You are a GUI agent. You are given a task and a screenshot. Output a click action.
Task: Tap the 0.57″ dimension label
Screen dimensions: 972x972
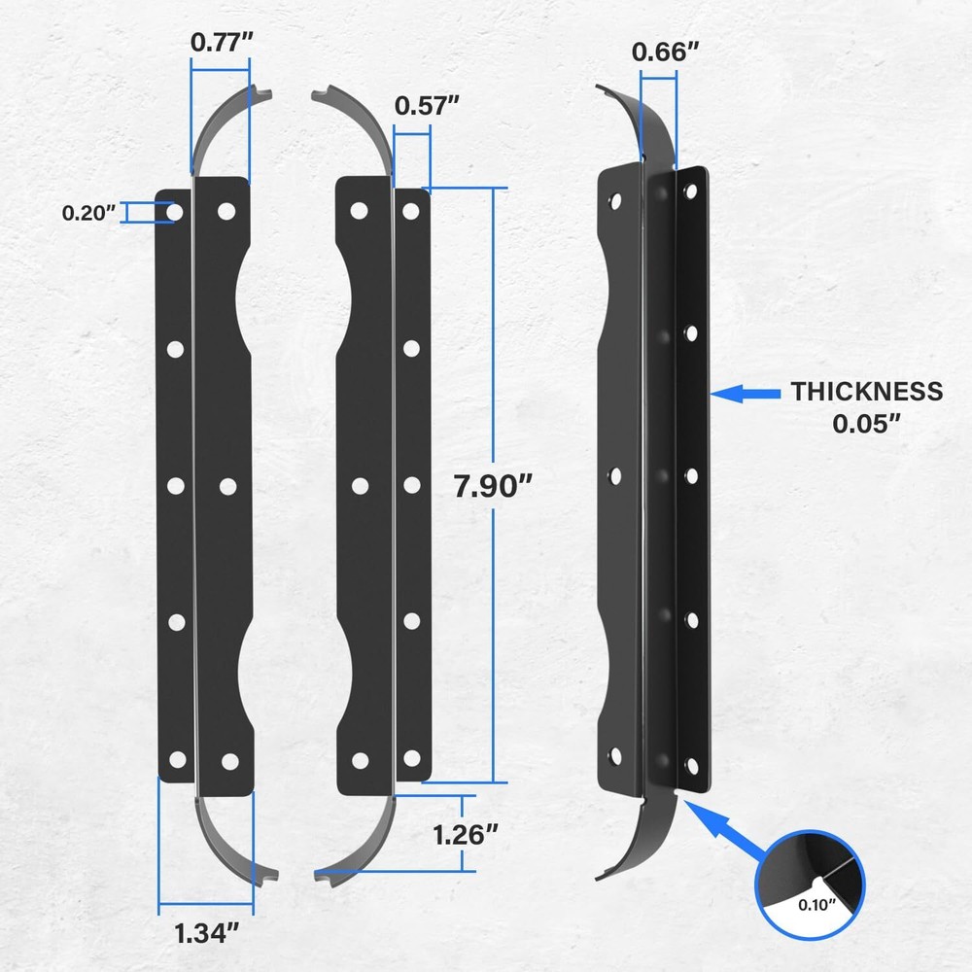coord(426,106)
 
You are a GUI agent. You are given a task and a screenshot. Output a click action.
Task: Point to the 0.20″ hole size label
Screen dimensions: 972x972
coord(90,213)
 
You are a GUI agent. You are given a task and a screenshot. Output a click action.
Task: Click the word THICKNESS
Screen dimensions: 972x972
coord(866,392)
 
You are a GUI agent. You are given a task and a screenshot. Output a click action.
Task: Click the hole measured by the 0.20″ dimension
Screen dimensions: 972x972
coord(175,211)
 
